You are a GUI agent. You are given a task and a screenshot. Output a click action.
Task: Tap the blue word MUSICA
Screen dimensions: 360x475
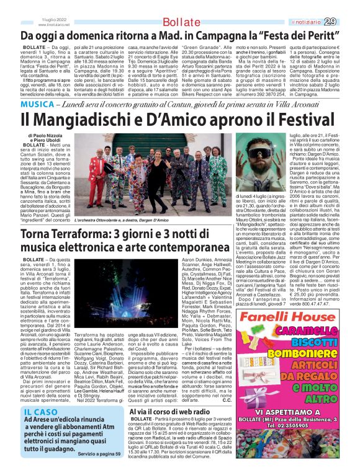coord(39,103)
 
